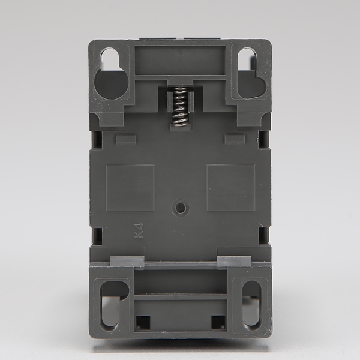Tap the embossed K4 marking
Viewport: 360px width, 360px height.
click(139, 231)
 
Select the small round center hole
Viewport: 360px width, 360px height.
click(180, 208)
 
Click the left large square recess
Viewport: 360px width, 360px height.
click(130, 188)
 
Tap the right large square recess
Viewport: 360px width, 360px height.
click(231, 188)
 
